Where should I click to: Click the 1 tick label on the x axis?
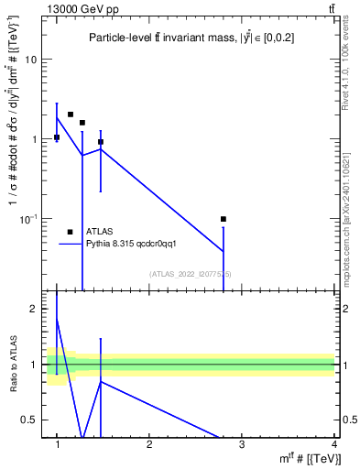pyautogui.click(x=58, y=445)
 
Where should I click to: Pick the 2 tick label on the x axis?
pyautogui.click(x=150, y=445)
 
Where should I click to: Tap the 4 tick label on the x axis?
pyautogui.click(x=334, y=445)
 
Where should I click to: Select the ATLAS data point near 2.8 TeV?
pyautogui.click(x=224, y=219)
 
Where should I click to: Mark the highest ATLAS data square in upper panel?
pyautogui.click(x=71, y=115)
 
